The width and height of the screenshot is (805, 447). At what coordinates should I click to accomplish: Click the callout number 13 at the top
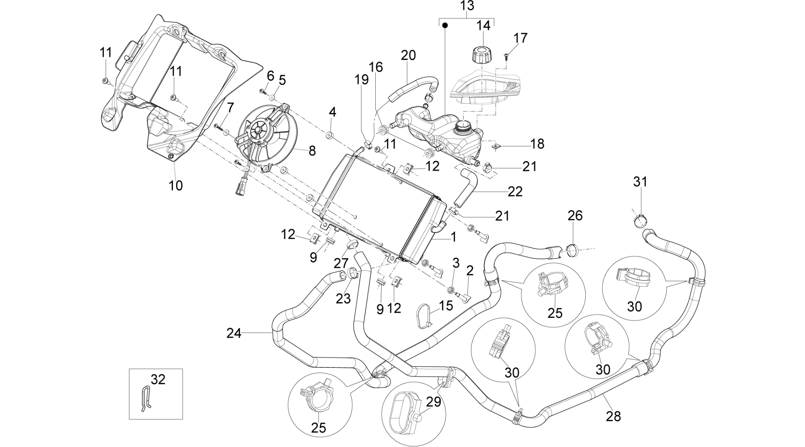pos(467,6)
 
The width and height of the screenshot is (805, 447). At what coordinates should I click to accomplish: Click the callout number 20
pos(408,55)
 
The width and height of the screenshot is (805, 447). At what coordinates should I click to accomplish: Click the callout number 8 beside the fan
pos(312,150)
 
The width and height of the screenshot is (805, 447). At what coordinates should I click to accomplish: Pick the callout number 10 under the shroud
pos(176,185)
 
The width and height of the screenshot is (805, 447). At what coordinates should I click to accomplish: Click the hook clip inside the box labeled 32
pos(145,398)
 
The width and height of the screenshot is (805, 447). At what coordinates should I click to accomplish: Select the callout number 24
pos(234,333)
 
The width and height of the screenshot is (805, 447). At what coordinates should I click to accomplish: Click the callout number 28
pos(613,416)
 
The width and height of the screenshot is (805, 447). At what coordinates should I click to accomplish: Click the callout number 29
pos(433,402)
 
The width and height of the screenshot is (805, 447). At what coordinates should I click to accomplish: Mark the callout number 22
pos(515,191)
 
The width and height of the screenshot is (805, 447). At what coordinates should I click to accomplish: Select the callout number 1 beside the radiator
pos(453,237)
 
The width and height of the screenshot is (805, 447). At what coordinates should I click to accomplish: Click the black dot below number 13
pos(445,26)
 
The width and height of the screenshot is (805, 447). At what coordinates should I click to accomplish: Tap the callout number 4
pos(332,112)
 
